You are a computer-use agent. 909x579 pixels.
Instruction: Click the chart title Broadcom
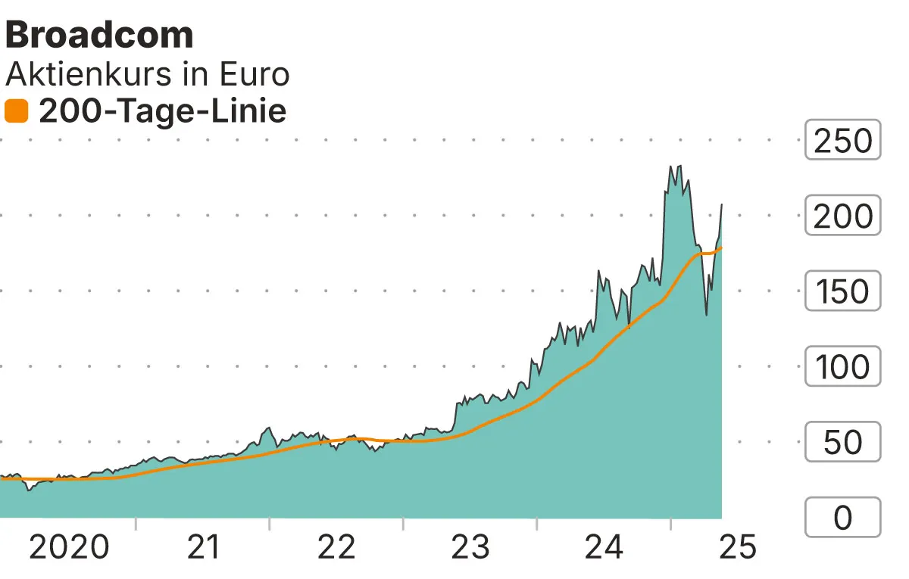click(99, 35)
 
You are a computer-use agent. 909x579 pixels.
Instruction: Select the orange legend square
click(16, 112)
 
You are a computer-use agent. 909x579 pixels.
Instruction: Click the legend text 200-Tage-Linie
click(162, 111)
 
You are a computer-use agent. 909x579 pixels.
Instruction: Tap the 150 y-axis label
click(842, 291)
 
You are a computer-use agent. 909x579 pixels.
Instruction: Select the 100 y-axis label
click(842, 366)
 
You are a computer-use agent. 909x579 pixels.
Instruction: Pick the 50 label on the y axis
click(842, 442)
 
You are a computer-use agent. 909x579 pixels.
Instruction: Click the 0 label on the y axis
click(842, 518)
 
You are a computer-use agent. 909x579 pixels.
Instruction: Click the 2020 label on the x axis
click(68, 546)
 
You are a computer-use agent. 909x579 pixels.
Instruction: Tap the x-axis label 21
click(202, 546)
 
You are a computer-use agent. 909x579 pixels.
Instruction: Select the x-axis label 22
click(336, 546)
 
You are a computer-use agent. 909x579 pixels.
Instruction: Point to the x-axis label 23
click(470, 546)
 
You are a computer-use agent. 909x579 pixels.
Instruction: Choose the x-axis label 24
click(604, 546)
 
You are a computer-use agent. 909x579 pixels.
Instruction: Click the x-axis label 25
click(737, 546)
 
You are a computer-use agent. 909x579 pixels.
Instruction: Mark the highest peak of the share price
click(671, 167)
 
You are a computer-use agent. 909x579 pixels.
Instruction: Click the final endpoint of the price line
click(721, 204)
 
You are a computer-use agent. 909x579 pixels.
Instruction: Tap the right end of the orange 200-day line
click(721, 247)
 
